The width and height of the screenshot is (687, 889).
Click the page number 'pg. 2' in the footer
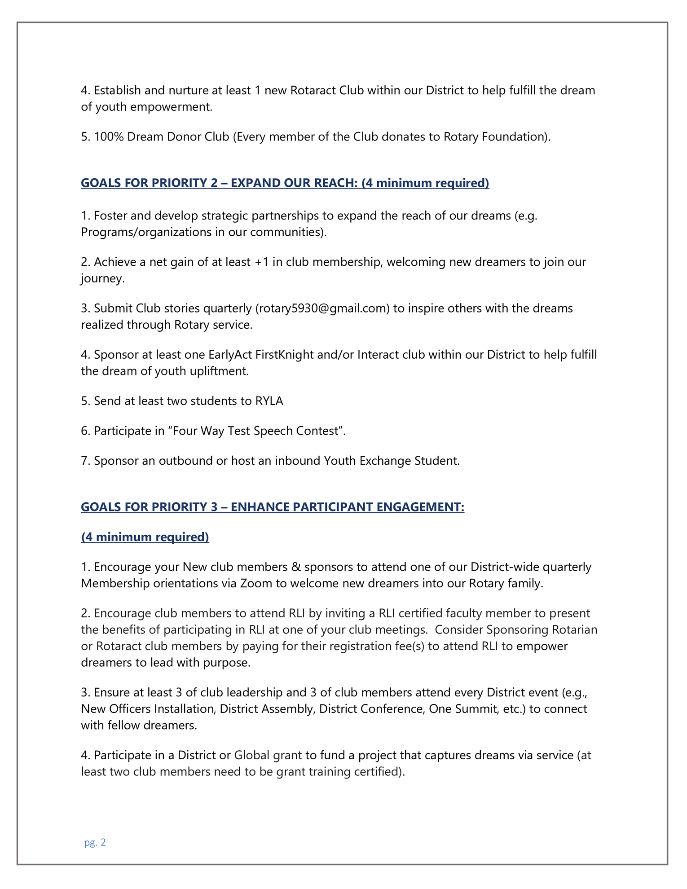click(x=95, y=842)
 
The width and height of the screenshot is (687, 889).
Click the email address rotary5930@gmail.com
click(x=322, y=308)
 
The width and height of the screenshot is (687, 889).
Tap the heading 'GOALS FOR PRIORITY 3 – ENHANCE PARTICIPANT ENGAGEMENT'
click(x=272, y=507)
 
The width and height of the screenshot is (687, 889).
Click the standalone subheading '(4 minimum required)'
click(x=145, y=537)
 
